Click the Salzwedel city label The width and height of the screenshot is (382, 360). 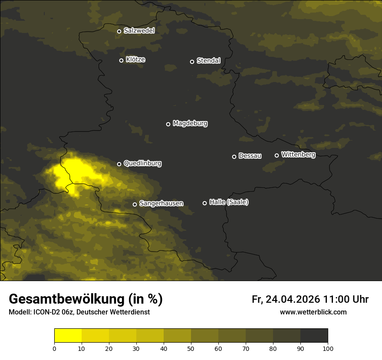pyautogui.click(x=139, y=31)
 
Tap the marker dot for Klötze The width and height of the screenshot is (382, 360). pyautogui.click(x=122, y=60)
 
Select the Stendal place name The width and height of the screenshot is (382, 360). pyautogui.click(x=208, y=61)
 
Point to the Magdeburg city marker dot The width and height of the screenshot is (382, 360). pyautogui.click(x=168, y=124)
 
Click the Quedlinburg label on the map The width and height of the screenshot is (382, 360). pyautogui.click(x=142, y=164)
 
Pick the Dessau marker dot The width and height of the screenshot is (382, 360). pyautogui.click(x=234, y=157)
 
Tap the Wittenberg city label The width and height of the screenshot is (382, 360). pyautogui.click(x=298, y=154)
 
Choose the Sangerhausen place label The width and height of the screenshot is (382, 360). pyautogui.click(x=161, y=203)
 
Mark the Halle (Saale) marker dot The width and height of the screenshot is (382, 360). pyautogui.click(x=205, y=203)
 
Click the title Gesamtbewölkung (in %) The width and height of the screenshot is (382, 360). pyautogui.click(x=86, y=299)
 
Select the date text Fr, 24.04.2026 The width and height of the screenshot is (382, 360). pyautogui.click(x=286, y=299)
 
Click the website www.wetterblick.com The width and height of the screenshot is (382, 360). pyautogui.click(x=313, y=312)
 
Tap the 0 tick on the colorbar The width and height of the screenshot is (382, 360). pyautogui.click(x=54, y=348)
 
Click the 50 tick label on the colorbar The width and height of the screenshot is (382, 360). pyautogui.click(x=191, y=348)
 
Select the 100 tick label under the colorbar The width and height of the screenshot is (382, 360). pyautogui.click(x=328, y=348)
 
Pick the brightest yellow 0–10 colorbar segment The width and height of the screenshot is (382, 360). pyautogui.click(x=68, y=335)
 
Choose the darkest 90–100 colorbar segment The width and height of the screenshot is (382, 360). pyautogui.click(x=314, y=335)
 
